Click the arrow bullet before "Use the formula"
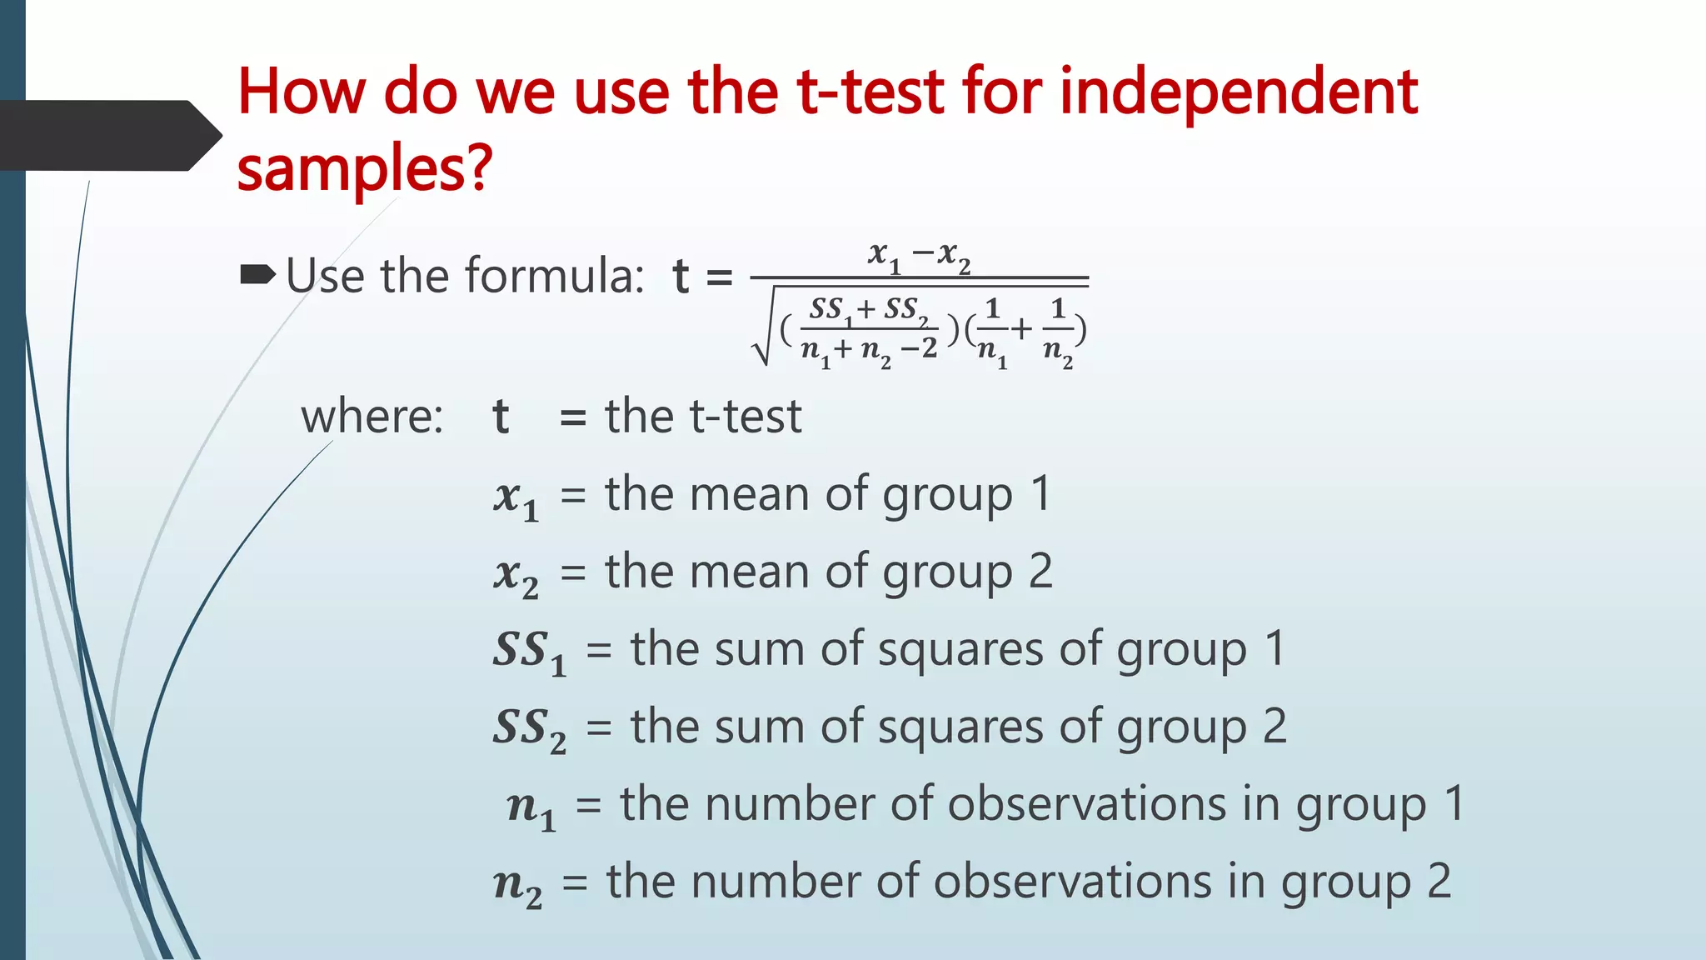tap(257, 274)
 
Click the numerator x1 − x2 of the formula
tap(919, 254)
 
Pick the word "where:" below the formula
tap(372, 416)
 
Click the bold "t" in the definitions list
tap(500, 416)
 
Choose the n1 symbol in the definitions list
tap(531, 807)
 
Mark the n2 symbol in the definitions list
tap(517, 885)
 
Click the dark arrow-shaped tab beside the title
tap(108, 135)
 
